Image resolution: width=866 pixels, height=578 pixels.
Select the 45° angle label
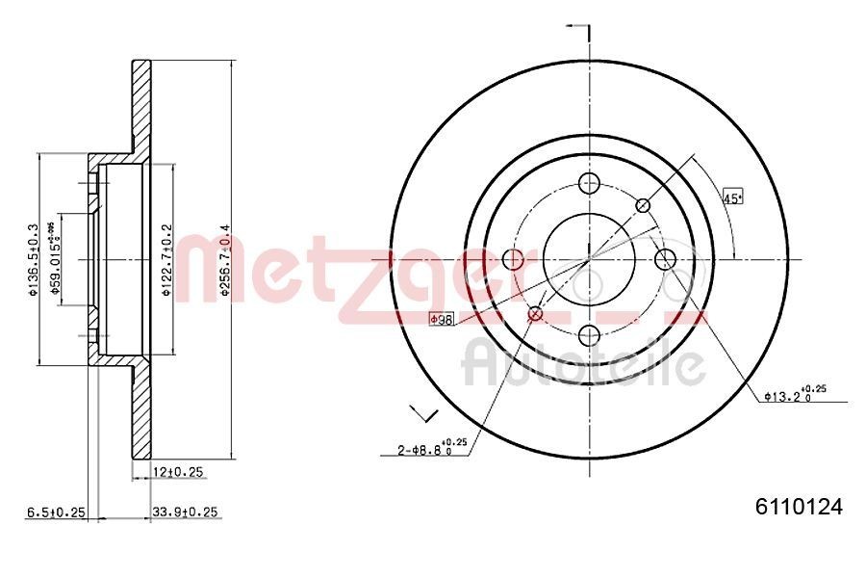point(733,198)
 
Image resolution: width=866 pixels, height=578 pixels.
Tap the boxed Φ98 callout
point(441,319)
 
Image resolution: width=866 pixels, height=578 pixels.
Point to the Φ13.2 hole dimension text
point(794,393)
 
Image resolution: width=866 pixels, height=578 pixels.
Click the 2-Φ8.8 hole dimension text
point(433,447)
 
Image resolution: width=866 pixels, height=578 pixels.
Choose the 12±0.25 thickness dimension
point(181,471)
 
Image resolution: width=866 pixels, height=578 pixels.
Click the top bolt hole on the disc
point(590,183)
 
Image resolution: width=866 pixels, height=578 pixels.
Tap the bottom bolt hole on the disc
point(590,335)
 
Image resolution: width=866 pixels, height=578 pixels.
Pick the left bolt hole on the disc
point(514,259)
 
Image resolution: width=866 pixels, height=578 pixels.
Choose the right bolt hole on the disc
point(666,259)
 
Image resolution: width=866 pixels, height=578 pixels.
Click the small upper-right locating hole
point(644,205)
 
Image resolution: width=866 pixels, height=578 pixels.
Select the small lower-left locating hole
point(536,313)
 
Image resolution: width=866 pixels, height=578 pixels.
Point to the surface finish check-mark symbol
point(423,412)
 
